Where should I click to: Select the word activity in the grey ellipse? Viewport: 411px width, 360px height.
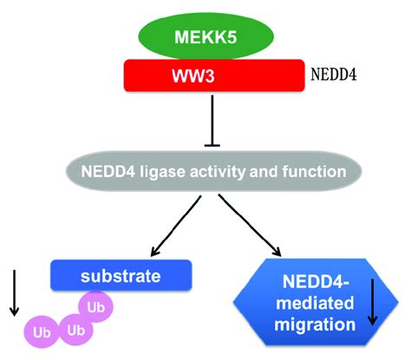(227, 172)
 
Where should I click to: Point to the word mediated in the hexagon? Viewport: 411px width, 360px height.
(310, 304)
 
